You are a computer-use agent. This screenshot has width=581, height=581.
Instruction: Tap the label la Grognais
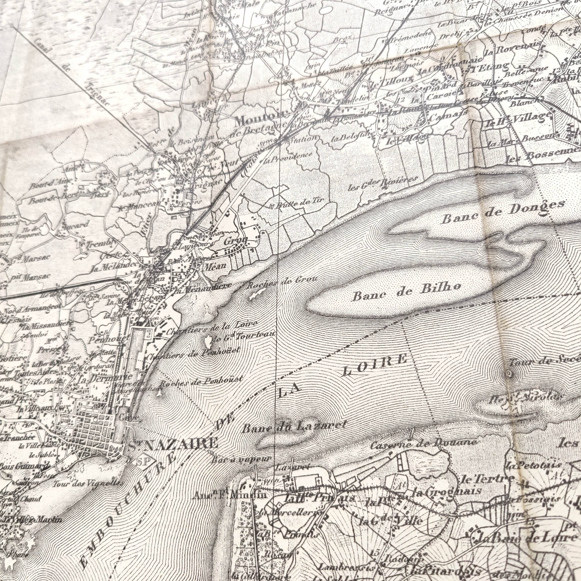[x=447, y=492]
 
